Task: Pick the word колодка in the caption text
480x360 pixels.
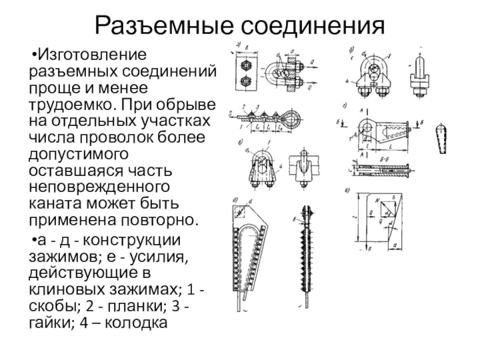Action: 142,324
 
